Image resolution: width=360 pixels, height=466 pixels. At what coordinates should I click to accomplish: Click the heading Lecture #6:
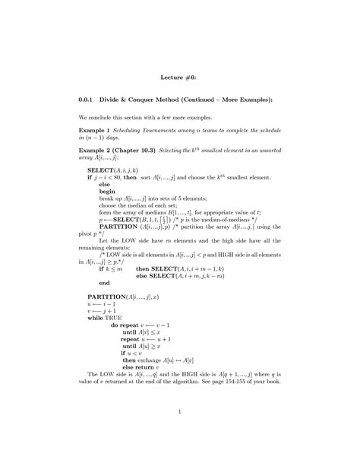click(x=180, y=77)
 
